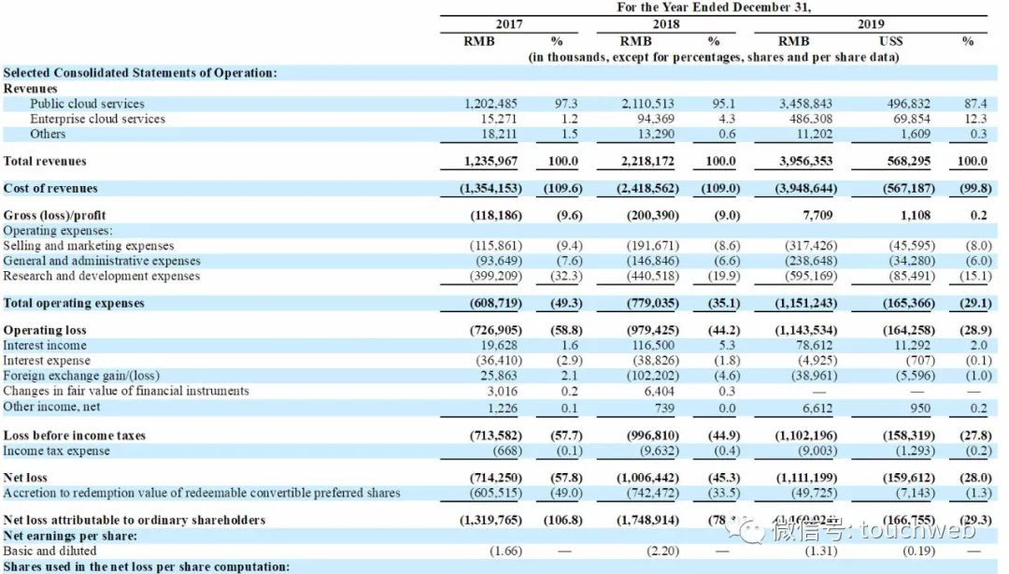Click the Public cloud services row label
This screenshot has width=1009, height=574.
click(x=87, y=104)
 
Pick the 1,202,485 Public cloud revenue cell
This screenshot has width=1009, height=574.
click(x=490, y=104)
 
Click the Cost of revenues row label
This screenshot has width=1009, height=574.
click(x=50, y=188)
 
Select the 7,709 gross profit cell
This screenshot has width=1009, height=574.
click(x=818, y=215)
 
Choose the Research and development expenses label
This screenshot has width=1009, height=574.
click(x=101, y=276)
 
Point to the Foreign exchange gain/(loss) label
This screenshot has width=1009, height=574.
click(x=82, y=376)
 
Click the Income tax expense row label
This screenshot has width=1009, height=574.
click(x=56, y=451)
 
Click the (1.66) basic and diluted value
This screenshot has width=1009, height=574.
click(x=505, y=551)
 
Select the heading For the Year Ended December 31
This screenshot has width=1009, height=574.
click(x=714, y=7)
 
